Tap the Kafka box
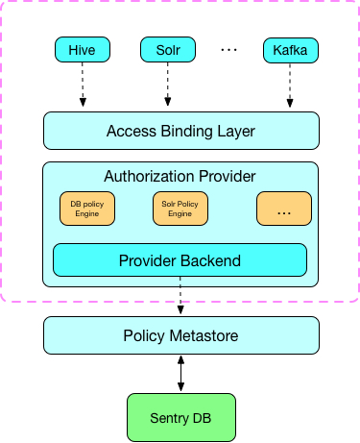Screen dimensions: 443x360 (x=290, y=48)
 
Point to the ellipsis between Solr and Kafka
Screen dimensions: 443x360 (x=228, y=48)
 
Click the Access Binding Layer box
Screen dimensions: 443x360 (x=180, y=131)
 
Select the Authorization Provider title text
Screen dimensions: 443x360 (x=180, y=177)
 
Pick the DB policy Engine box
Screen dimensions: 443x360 (x=87, y=209)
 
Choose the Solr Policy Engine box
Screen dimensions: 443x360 (x=180, y=209)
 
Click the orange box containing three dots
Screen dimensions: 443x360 (x=284, y=209)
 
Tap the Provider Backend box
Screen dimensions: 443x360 (x=180, y=259)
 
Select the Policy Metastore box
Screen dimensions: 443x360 (x=180, y=334)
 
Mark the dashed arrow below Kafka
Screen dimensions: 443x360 (x=290, y=86)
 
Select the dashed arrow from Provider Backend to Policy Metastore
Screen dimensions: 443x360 (x=180, y=296)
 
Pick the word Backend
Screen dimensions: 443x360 (x=212, y=259)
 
